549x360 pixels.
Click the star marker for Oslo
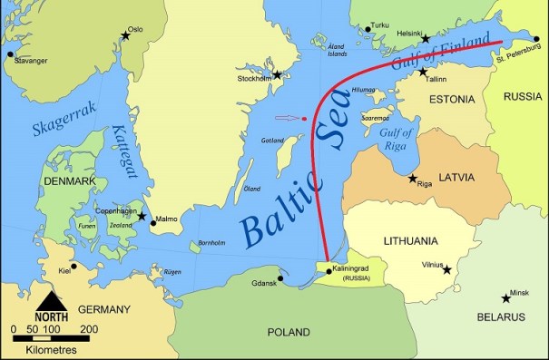coord(126,36)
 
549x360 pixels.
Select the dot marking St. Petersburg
coord(536,39)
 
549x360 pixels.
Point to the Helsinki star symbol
coord(426,38)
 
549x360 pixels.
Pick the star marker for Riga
coord(414,178)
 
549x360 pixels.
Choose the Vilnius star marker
coord(446,268)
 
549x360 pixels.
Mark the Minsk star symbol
coord(505,298)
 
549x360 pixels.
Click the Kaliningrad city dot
coord(328,270)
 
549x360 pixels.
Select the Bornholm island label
coord(211,243)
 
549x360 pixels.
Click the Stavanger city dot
coord(10,54)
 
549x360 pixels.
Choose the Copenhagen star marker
coord(142,217)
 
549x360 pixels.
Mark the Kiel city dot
coord(74,267)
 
